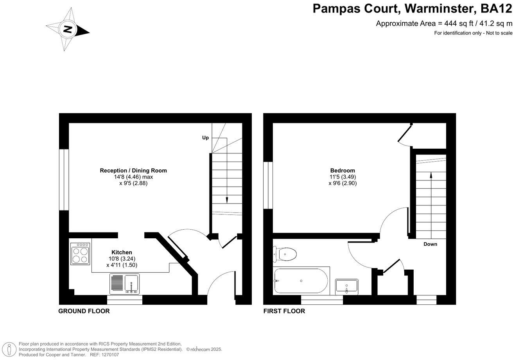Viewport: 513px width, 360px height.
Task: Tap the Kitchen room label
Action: click(x=122, y=252)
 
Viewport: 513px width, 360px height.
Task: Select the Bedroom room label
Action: click(x=343, y=171)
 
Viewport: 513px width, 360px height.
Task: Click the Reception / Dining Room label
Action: click(x=133, y=171)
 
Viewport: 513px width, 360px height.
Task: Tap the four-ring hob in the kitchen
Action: click(x=80, y=254)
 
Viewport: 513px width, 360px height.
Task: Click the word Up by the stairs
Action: click(x=205, y=138)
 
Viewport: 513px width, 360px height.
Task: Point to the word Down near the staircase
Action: click(x=430, y=244)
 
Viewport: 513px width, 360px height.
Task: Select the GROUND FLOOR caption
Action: click(x=84, y=311)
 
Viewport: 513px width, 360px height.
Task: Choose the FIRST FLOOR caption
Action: click(x=284, y=311)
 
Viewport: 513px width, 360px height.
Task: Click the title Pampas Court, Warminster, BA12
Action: click(x=412, y=8)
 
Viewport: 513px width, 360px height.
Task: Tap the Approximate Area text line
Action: click(x=444, y=23)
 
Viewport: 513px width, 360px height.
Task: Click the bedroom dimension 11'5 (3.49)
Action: click(x=343, y=177)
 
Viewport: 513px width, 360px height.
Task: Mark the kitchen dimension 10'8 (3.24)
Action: click(x=122, y=259)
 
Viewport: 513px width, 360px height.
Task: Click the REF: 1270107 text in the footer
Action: click(x=104, y=355)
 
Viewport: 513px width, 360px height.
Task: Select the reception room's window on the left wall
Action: click(x=64, y=180)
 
